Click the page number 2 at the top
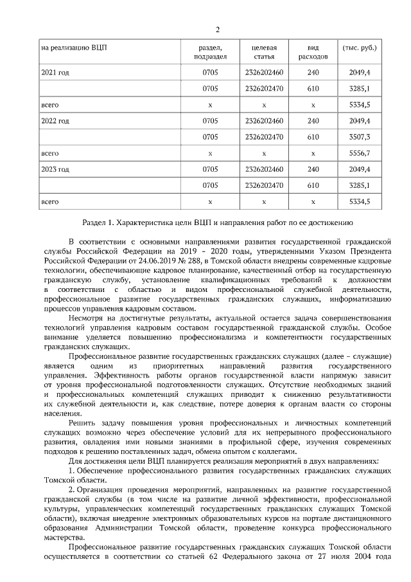click(218, 30)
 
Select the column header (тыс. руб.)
click(360, 48)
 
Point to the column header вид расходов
click(313, 52)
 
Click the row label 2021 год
click(55, 72)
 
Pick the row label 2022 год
click(55, 121)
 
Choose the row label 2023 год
click(55, 170)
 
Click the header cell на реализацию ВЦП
click(71, 48)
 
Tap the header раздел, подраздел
click(210, 52)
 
